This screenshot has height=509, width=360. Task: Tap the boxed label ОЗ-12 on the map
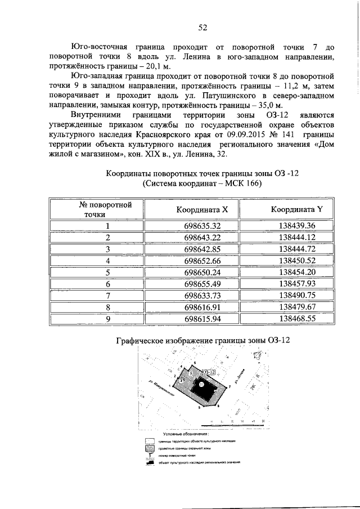(209, 372)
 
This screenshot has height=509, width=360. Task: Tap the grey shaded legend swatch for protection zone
(149, 448)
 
